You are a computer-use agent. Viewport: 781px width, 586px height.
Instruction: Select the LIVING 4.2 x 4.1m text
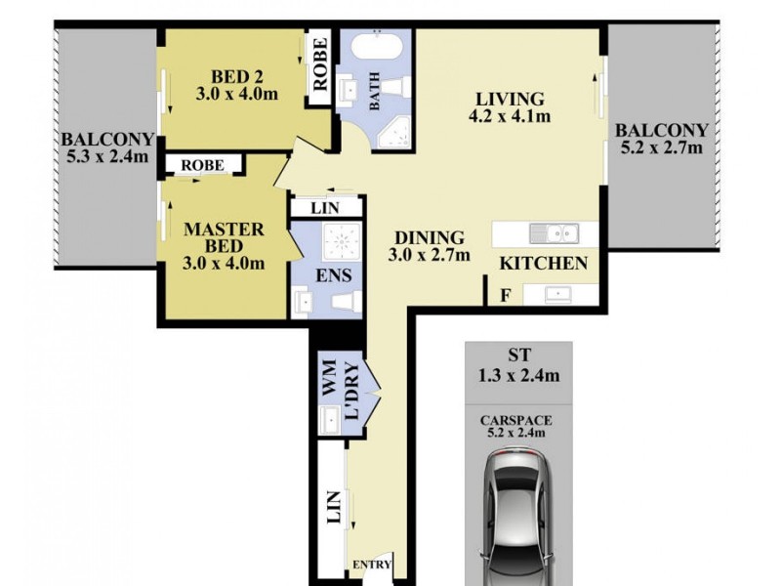click(509, 108)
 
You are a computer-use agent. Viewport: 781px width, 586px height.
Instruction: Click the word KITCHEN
click(544, 263)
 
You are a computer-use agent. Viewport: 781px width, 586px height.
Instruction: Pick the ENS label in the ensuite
click(327, 274)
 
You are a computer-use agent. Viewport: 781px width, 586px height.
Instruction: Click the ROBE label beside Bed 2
click(320, 63)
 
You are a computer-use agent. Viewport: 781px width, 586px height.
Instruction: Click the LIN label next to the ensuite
click(325, 207)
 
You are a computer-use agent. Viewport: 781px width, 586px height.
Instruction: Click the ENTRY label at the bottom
click(371, 565)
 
